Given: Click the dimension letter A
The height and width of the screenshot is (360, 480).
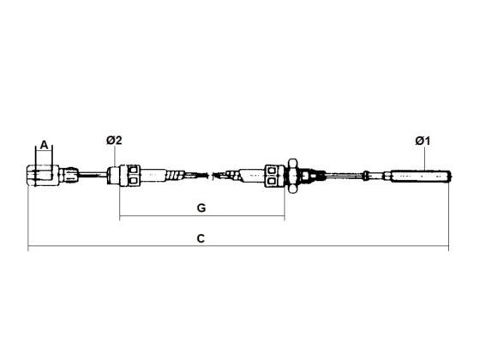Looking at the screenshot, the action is tap(45, 145).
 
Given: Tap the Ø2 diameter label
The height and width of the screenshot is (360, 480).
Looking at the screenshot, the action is tap(114, 141).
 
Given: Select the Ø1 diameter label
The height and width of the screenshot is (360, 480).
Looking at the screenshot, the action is tap(423, 141).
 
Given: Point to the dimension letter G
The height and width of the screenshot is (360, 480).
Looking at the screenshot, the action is tap(201, 207).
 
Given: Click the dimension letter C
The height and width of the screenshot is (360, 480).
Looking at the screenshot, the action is tap(201, 238).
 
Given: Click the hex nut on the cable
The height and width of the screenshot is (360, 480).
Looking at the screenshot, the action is tap(292, 176).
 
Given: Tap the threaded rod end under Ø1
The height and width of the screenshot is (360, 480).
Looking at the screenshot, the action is tap(421, 176).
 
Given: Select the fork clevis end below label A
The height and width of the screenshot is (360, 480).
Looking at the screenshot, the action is tap(42, 175).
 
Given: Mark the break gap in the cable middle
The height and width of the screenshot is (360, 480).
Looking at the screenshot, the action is tap(211, 176).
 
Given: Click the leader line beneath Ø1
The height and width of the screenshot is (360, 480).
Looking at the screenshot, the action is tap(426, 159).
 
